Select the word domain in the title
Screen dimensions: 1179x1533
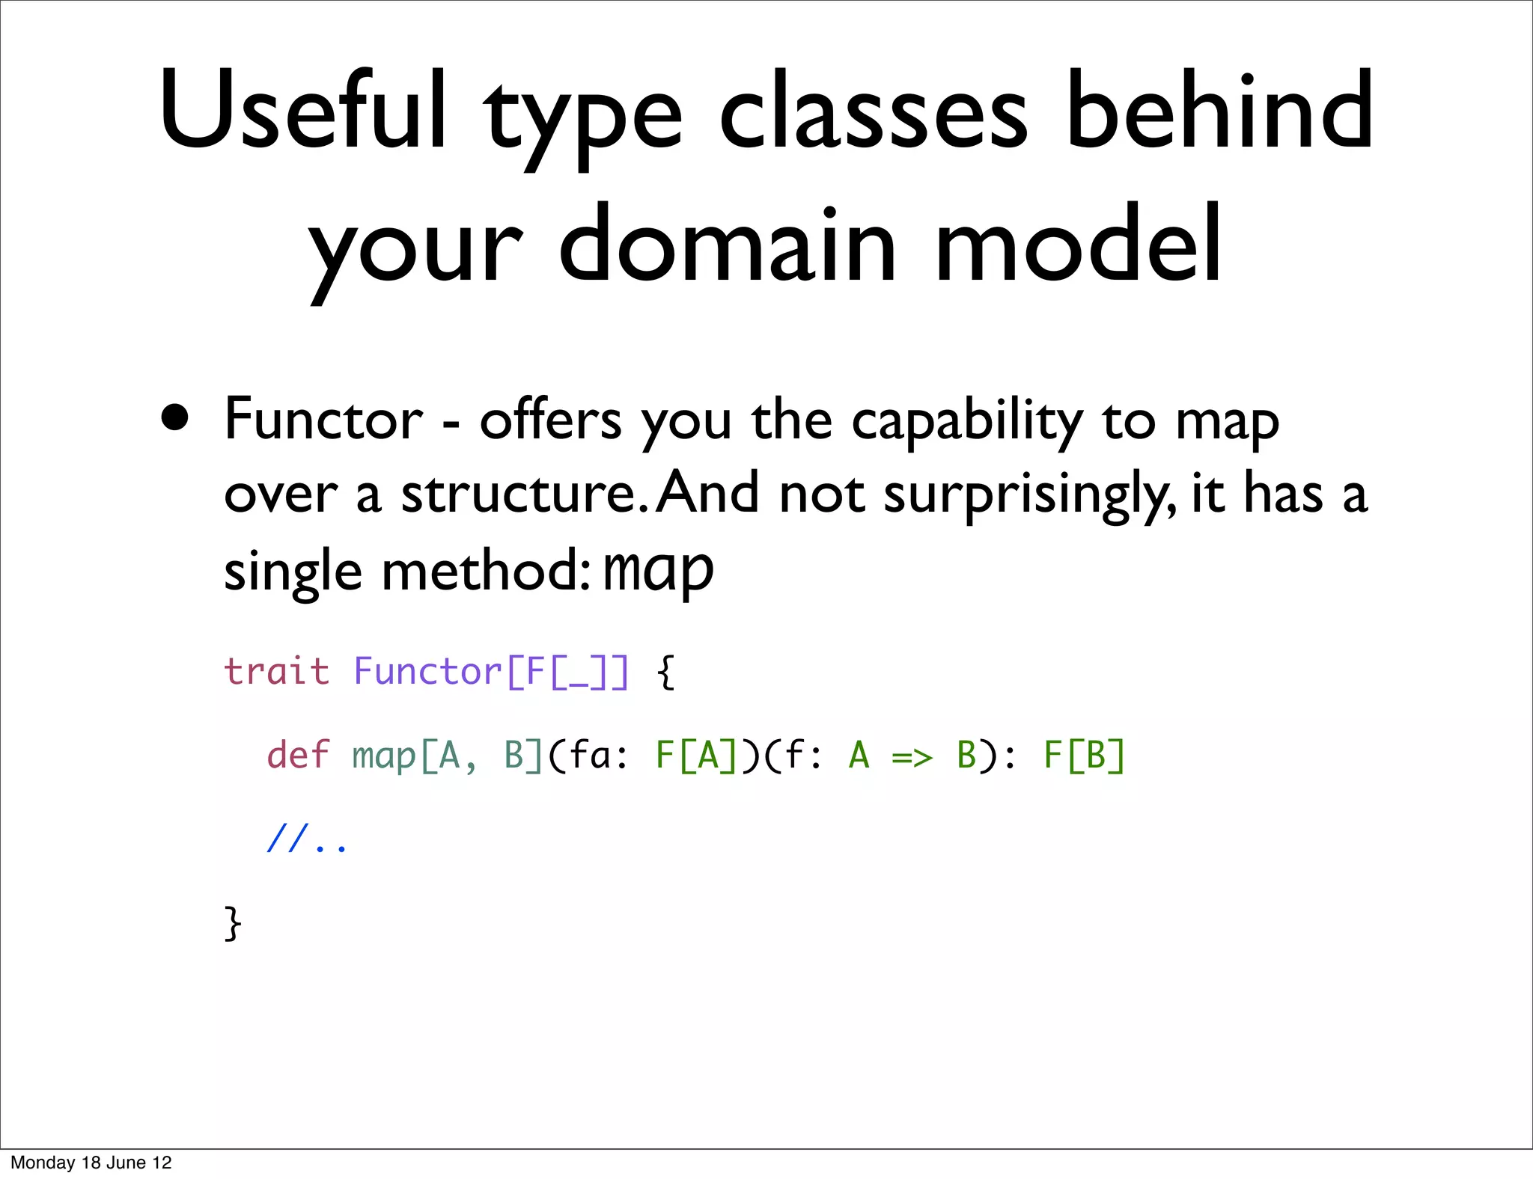pos(726,247)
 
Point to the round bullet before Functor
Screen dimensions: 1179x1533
pos(175,419)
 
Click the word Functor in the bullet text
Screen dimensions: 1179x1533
pos(323,420)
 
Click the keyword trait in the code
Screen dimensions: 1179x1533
pos(277,671)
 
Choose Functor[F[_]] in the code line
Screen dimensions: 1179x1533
pos(491,673)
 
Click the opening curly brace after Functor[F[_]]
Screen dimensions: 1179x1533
pos(665,673)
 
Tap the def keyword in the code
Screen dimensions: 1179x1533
pos(297,755)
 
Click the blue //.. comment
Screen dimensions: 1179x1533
pos(307,840)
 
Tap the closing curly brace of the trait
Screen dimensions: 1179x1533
pos(233,924)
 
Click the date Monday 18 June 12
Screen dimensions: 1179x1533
pos(91,1163)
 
